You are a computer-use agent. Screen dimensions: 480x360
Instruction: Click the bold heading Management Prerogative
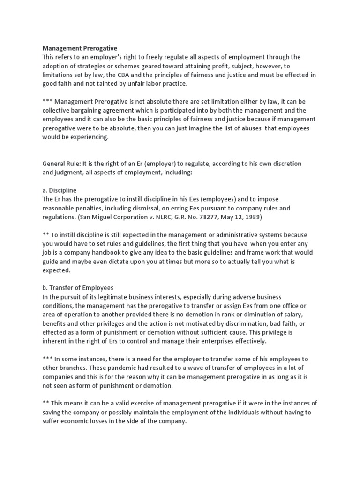tap(80, 48)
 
